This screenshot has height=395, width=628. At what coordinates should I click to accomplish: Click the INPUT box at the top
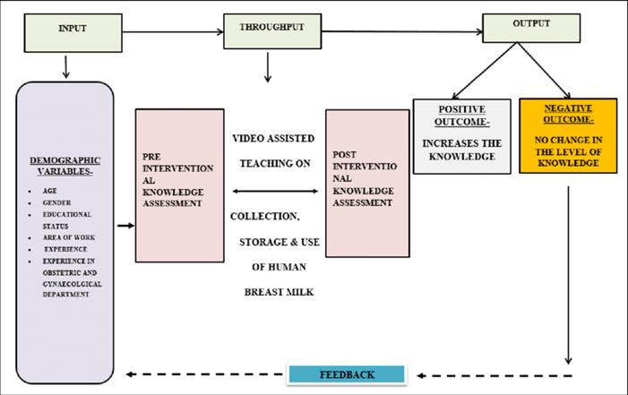(x=72, y=32)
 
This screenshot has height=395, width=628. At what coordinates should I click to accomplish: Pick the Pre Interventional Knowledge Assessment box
(x=179, y=185)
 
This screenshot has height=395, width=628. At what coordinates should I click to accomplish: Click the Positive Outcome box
(x=461, y=136)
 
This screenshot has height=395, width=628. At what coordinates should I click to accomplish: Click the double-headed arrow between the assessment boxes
(x=274, y=191)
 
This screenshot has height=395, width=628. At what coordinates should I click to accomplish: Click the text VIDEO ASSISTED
(x=273, y=140)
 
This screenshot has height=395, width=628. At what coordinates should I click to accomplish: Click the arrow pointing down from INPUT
(x=66, y=65)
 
